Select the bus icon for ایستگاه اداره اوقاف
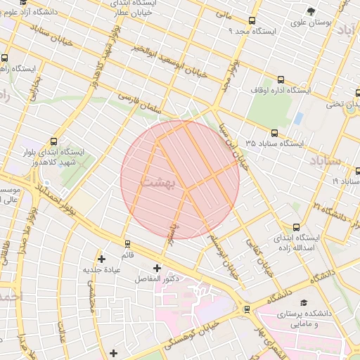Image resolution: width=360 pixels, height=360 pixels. click(281, 79)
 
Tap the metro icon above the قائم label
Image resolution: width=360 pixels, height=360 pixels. click(127, 244)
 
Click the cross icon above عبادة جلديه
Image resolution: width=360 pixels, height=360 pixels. click(103, 259)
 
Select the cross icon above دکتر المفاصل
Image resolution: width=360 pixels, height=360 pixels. click(157, 268)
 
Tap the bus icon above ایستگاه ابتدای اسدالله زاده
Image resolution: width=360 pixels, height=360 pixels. click(296, 227)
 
